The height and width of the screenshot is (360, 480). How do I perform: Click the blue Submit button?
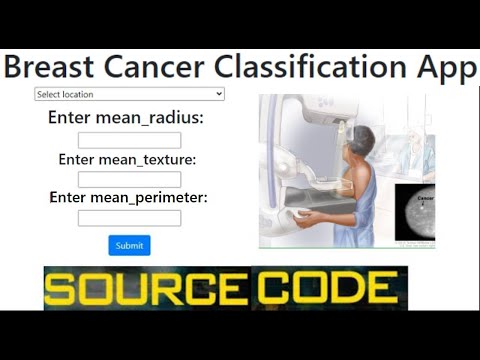click(x=129, y=245)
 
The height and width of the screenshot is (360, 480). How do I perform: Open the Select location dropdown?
click(x=129, y=94)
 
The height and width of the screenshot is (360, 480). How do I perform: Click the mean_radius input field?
click(x=129, y=140)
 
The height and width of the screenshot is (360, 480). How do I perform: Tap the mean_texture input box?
click(x=129, y=179)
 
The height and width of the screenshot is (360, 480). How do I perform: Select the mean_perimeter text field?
click(x=129, y=217)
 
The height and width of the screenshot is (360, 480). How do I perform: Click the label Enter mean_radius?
click(x=126, y=118)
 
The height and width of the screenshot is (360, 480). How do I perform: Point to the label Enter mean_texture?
click(x=126, y=159)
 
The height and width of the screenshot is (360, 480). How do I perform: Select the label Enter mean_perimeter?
click(x=128, y=197)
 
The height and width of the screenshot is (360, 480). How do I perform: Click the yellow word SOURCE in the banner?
click(x=145, y=288)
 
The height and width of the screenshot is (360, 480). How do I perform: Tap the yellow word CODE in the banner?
click(x=325, y=288)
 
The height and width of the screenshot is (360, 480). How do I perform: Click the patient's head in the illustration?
click(x=362, y=140)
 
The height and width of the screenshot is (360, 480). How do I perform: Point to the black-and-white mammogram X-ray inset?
click(x=415, y=213)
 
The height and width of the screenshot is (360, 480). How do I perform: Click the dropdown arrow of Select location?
click(x=219, y=94)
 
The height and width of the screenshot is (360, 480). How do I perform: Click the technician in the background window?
click(x=420, y=140)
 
